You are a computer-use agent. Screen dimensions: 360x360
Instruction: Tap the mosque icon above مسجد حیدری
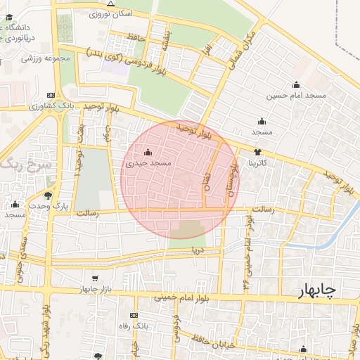click(148, 152)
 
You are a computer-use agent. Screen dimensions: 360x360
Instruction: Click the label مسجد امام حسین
click(296, 95)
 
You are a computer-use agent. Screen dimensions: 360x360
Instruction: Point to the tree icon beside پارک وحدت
click(48, 195)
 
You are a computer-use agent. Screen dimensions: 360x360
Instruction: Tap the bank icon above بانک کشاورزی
click(50, 96)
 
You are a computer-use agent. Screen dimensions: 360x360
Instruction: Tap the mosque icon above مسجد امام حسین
click(296, 84)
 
